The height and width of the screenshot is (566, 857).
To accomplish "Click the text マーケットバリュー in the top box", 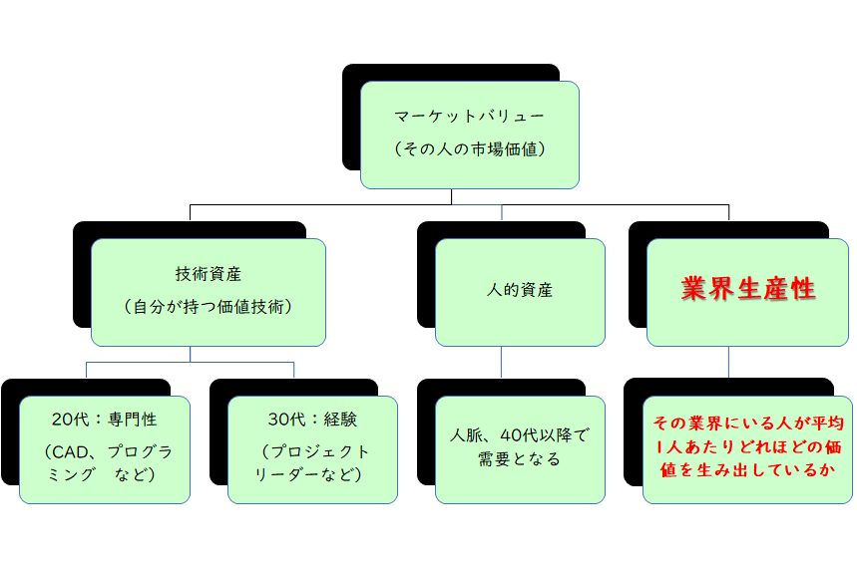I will point(469,116).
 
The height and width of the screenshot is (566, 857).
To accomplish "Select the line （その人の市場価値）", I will point(469,149).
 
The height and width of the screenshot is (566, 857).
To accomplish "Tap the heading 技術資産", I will point(209,273).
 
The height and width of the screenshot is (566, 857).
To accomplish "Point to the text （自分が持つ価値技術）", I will point(209,307).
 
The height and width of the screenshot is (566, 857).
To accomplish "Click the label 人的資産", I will point(519,291).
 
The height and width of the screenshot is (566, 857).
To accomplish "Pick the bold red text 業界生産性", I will point(748,289).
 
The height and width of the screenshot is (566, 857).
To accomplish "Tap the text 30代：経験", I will point(312,419).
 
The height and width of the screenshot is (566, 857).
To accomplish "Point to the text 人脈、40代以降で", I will point(519,434).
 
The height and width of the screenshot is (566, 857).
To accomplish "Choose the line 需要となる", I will point(519,459).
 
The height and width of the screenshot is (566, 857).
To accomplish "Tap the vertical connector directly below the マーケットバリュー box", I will point(452,196).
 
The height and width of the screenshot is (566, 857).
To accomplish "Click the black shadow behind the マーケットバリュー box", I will point(350,120).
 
